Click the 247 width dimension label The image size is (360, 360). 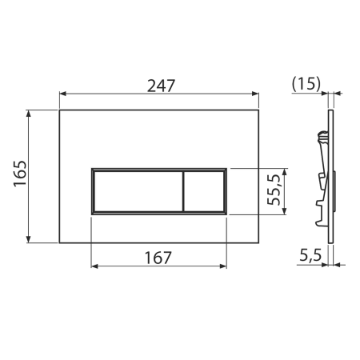pos(161,86)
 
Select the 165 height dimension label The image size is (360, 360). pos(20,174)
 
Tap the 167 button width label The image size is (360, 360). pos(158,258)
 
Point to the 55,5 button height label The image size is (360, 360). pos(274,190)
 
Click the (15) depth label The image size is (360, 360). pos(306,84)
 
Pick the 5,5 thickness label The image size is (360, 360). pos(310,255)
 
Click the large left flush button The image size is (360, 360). pos(138,191)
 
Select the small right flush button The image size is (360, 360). pos(204,191)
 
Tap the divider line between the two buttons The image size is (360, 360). pos(183,191)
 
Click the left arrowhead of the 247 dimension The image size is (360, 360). pos(63,94)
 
